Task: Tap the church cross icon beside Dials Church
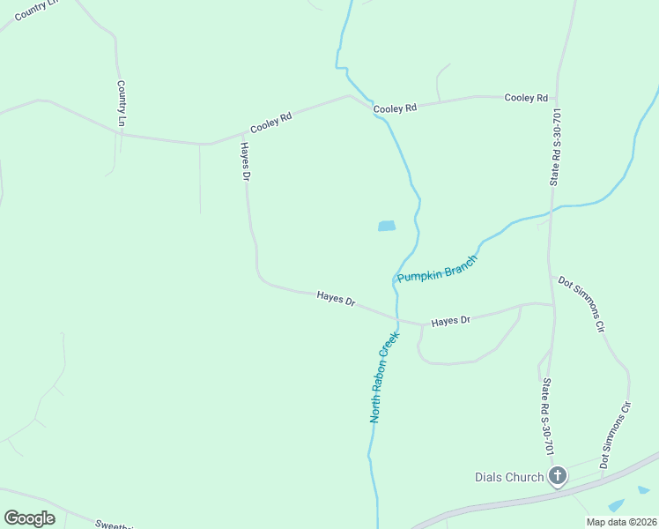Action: tap(557, 477)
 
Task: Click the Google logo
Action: tap(29, 518)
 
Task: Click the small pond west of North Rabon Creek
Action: tap(387, 226)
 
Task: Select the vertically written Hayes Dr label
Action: tap(246, 162)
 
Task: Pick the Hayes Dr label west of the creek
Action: tap(336, 301)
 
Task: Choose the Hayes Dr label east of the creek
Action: tap(451, 321)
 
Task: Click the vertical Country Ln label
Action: tap(121, 102)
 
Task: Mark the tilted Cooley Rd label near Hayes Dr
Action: tap(270, 122)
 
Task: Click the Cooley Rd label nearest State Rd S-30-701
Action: tap(526, 98)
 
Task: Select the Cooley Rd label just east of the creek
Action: tap(394, 108)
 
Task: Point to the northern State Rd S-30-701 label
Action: tap(555, 147)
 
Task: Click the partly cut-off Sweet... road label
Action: tap(115, 525)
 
